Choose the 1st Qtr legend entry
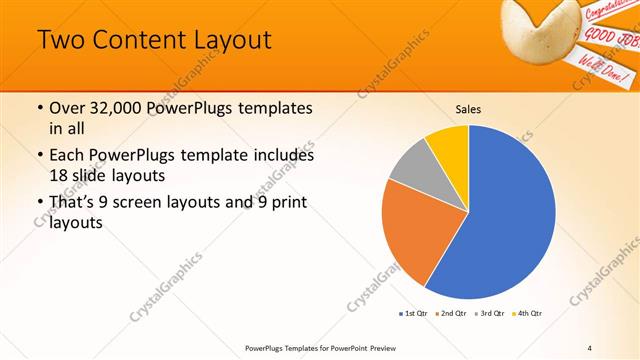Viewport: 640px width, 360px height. (415, 314)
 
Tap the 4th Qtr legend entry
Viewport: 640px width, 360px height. (528, 314)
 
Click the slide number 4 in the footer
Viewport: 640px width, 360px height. (590, 347)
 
